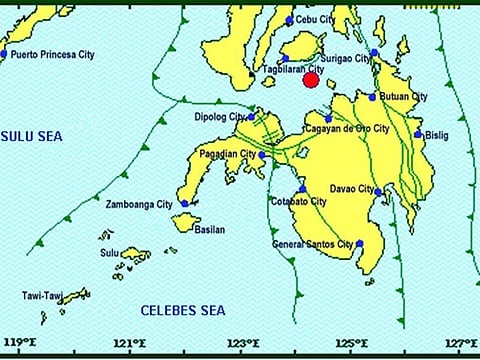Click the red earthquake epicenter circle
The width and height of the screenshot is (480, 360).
(x=310, y=80)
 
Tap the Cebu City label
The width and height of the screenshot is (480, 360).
(x=315, y=19)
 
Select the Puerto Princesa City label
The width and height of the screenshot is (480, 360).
(x=51, y=55)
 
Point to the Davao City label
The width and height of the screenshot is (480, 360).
(x=351, y=189)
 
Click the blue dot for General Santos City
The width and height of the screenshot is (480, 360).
(x=359, y=243)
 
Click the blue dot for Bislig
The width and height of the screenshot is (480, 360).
(x=418, y=134)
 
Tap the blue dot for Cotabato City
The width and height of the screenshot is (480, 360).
(x=302, y=189)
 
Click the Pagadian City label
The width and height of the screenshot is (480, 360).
(x=226, y=154)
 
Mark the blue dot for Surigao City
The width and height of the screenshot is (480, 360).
(x=374, y=53)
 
